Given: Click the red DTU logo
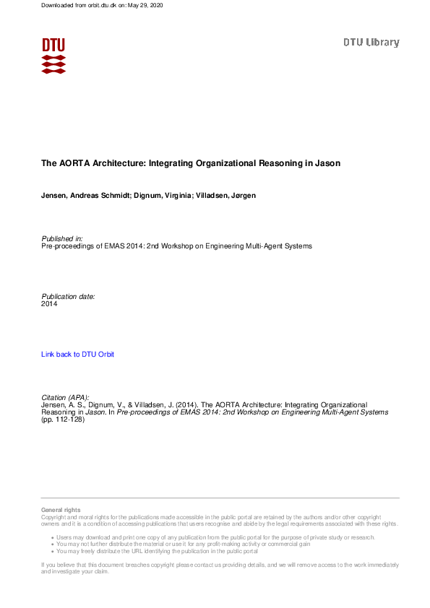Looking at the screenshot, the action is tap(53, 56).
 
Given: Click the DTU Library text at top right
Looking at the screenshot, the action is tap(371, 43).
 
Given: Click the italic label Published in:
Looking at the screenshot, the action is tap(62, 238).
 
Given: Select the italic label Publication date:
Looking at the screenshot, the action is tap(68, 297).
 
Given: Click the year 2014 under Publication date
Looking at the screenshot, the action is tap(49, 304).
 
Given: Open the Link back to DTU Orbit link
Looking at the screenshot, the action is tap(77, 355).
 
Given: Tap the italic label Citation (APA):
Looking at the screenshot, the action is tap(66, 397).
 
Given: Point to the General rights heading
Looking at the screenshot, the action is tap(61, 510).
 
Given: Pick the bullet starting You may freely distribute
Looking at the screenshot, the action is tap(157, 551).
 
